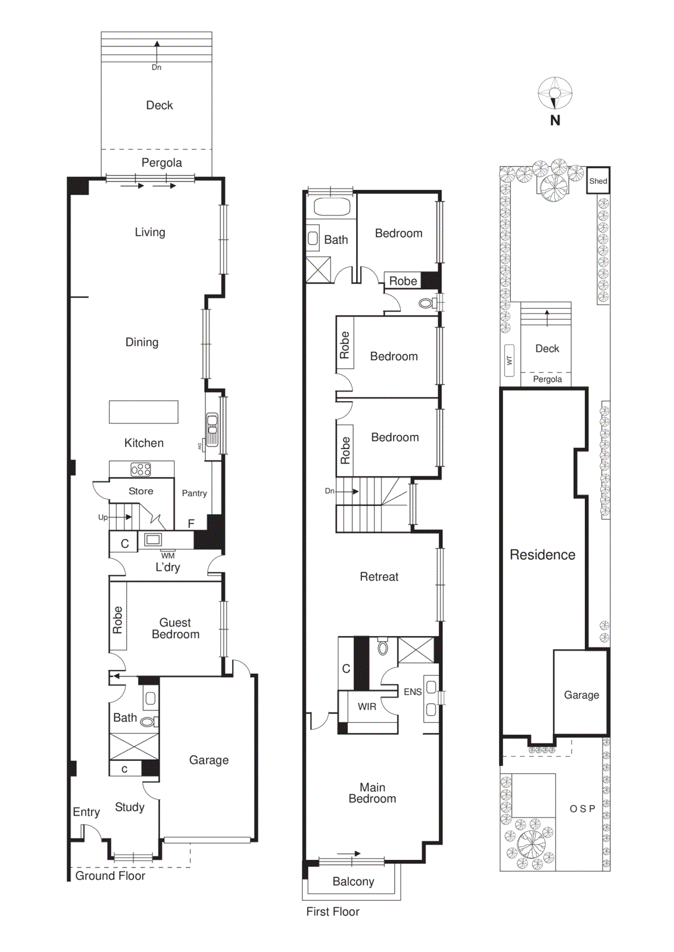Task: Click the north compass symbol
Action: click(555, 93)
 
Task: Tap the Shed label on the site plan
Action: click(598, 181)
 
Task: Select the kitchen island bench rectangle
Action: click(143, 412)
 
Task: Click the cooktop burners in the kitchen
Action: click(141, 469)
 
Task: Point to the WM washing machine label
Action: click(168, 556)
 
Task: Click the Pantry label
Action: click(194, 493)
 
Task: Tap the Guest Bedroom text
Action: click(175, 628)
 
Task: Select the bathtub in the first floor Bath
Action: click(332, 207)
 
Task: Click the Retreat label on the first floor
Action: click(379, 577)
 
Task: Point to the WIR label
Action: click(367, 706)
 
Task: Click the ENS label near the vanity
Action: click(412, 691)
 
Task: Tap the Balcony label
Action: click(353, 882)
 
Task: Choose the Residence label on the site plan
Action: click(542, 555)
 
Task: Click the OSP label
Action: click(582, 809)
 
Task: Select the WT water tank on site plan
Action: click(509, 360)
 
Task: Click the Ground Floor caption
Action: click(110, 876)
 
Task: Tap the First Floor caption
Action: click(333, 912)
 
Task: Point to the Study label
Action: click(130, 807)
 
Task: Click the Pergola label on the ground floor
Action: click(161, 162)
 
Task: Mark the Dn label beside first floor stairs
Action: click(329, 491)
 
